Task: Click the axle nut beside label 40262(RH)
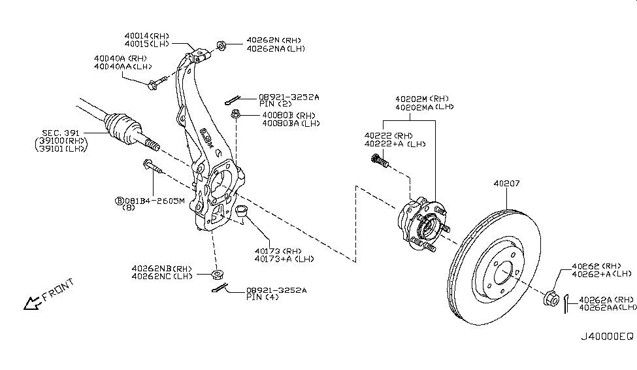point(551,298)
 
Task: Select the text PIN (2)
point(275,105)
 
